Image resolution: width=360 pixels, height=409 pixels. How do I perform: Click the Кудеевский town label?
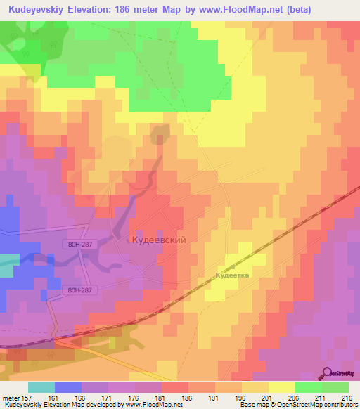coord(158,240)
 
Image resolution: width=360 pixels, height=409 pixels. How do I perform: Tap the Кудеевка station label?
coord(232,276)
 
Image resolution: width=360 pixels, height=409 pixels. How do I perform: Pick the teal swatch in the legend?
coord(41,387)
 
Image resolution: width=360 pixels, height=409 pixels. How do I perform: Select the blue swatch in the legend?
coord(67,387)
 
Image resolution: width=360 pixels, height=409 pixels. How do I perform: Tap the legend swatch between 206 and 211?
coord(307,387)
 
